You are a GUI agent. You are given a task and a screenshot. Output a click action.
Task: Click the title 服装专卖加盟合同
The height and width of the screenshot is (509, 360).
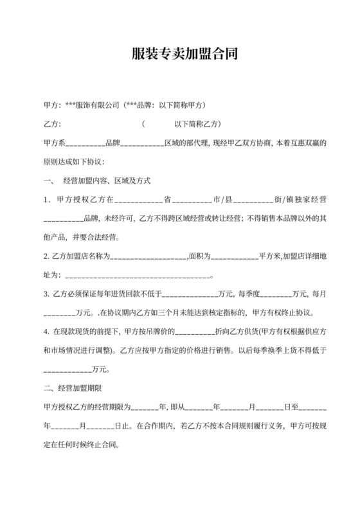point(180,54)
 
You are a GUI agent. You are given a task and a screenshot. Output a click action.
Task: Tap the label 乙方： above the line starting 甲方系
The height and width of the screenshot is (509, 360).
point(52,123)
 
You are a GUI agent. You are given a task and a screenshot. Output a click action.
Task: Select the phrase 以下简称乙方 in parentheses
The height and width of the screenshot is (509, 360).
point(197,123)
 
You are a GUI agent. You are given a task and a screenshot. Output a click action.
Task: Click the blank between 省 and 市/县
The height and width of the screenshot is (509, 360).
point(192,199)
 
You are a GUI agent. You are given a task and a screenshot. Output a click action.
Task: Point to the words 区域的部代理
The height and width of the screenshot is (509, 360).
point(187,142)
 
